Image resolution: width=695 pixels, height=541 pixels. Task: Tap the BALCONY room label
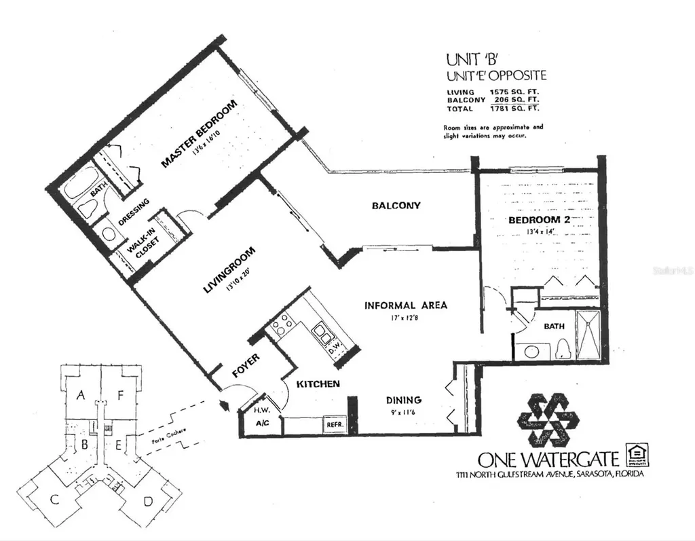pyautogui.click(x=396, y=206)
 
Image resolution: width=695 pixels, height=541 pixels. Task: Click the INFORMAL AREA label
pyautogui.click(x=406, y=305)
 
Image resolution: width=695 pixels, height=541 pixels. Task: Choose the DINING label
pyautogui.click(x=404, y=400)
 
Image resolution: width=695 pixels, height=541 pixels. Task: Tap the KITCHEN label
pyautogui.click(x=318, y=384)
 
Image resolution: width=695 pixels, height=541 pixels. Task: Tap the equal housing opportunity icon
pyautogui.click(x=637, y=453)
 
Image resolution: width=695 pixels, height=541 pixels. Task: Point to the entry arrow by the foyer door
pyautogui.click(x=223, y=405)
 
